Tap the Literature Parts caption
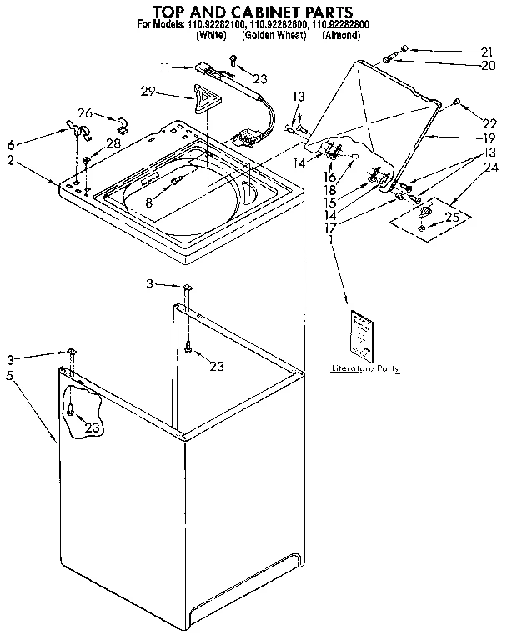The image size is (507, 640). (364, 367)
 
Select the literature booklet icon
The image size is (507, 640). (364, 335)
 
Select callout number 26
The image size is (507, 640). (85, 112)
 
